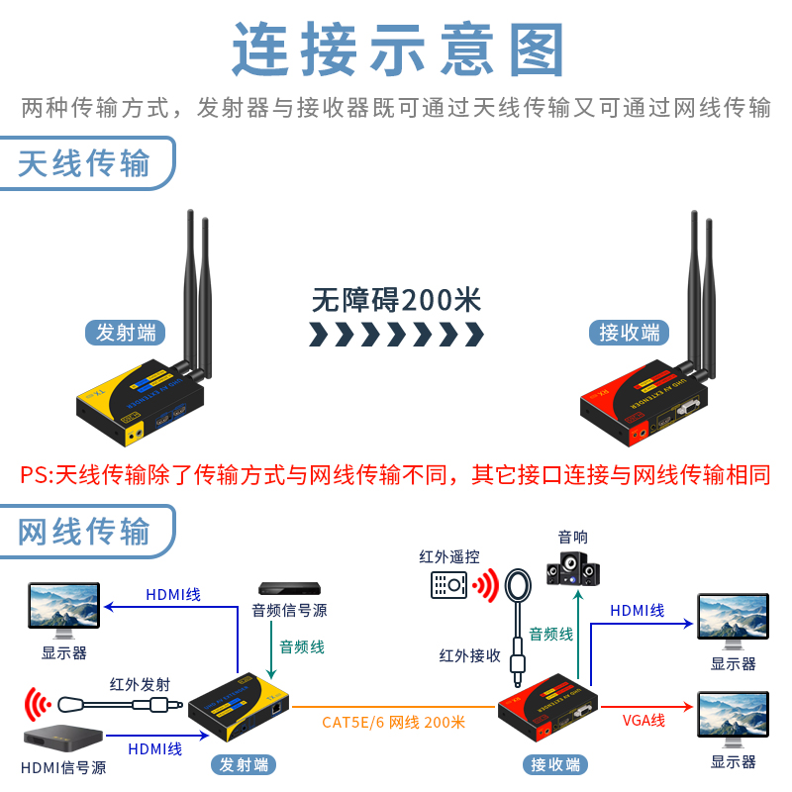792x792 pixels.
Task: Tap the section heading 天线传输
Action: click(84, 162)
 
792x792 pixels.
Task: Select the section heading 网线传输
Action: click(84, 531)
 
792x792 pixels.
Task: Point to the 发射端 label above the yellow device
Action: click(126, 333)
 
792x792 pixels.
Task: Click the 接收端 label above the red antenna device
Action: click(629, 333)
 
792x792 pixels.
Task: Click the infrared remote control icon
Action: click(448, 585)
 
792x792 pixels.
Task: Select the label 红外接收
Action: click(470, 654)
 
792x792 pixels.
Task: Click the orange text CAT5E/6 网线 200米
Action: click(393, 722)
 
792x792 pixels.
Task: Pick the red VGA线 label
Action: click(644, 720)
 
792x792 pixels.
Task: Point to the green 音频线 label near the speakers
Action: click(550, 634)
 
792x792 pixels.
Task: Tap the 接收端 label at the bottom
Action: click(555, 764)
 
